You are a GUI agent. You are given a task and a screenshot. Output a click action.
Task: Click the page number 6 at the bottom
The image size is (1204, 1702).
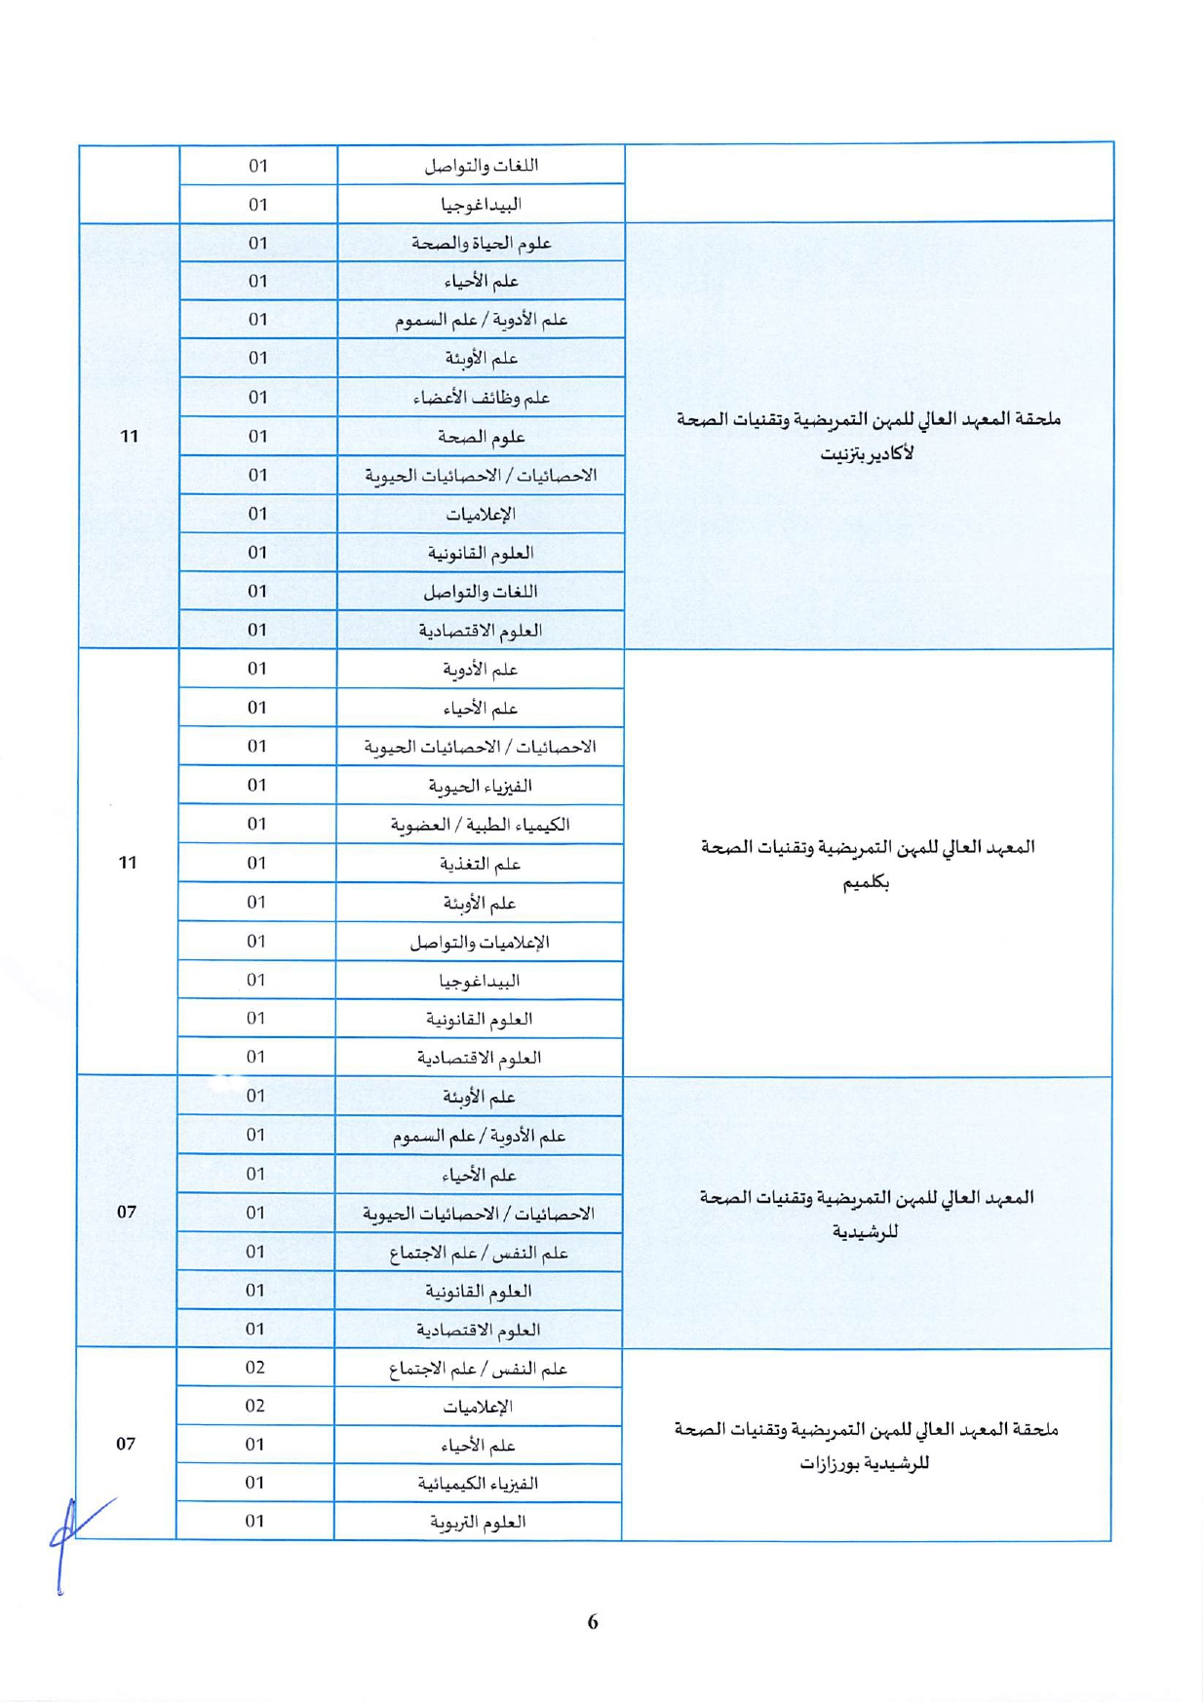click(593, 1622)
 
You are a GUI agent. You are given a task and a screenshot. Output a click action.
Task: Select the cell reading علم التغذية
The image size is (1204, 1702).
click(480, 864)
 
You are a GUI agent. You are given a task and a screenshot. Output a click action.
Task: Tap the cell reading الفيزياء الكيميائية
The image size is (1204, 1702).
click(478, 1484)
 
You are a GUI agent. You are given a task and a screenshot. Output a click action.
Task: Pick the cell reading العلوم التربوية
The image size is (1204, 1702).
click(478, 1522)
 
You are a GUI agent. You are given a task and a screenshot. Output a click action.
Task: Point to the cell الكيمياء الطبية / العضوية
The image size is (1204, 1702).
click(480, 825)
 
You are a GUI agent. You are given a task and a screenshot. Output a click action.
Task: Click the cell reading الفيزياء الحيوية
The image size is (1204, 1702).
click(480, 786)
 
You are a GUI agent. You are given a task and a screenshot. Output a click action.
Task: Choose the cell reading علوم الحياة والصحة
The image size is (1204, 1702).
click(481, 243)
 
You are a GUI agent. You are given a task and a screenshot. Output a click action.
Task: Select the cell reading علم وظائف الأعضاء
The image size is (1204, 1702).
click(481, 398)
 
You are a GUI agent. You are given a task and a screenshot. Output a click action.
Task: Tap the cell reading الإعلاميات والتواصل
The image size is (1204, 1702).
click(480, 942)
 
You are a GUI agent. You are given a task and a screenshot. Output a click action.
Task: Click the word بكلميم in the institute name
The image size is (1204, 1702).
click(866, 883)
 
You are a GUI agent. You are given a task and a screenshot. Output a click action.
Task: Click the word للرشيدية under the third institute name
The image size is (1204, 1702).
click(865, 1232)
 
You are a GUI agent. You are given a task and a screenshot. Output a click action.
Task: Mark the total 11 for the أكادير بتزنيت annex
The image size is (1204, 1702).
click(130, 436)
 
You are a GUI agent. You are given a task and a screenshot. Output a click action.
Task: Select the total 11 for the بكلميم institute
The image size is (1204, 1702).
click(128, 863)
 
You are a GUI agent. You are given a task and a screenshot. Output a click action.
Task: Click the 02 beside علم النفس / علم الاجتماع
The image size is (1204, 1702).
click(255, 1368)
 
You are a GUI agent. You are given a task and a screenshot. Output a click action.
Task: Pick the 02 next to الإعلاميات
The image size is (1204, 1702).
click(255, 1406)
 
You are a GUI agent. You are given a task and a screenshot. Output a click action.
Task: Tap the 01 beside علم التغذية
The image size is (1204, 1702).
click(256, 863)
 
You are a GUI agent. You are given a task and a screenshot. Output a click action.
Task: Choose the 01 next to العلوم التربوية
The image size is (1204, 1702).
click(255, 1521)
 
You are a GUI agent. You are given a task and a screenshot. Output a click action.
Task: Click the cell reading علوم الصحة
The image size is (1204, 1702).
click(481, 437)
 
